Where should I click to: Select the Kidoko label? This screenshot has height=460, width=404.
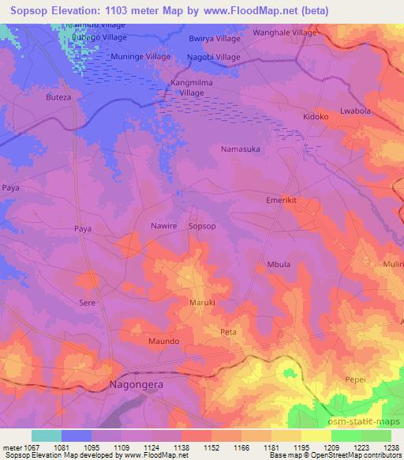pyautogui.click(x=316, y=117)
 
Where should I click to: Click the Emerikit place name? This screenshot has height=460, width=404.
pyautogui.click(x=282, y=201)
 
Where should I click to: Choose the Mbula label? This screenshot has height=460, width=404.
pyautogui.click(x=279, y=265)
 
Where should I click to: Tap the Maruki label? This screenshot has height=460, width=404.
pyautogui.click(x=202, y=303)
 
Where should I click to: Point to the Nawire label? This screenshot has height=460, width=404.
pyautogui.click(x=164, y=226)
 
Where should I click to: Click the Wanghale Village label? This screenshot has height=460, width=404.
pyautogui.click(x=284, y=33)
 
